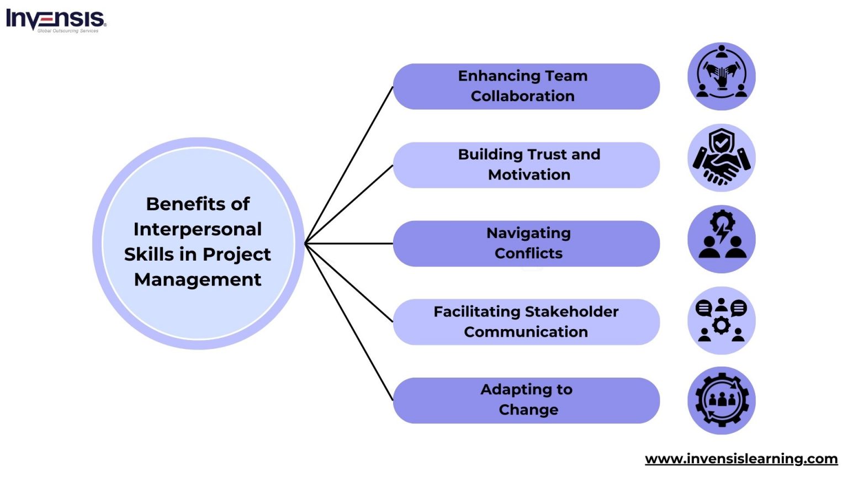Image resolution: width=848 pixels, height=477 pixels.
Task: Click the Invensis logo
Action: [55, 20]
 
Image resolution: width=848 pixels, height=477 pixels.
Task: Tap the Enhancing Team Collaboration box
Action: [526, 86]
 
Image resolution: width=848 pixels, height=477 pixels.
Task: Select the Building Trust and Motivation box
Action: [526, 165]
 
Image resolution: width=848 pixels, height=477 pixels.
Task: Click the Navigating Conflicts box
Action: [526, 243]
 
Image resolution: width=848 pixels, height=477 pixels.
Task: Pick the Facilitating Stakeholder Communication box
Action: [526, 322]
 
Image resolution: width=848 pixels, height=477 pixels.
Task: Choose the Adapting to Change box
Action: [526, 400]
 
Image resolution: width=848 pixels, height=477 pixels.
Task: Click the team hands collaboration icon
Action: [721, 76]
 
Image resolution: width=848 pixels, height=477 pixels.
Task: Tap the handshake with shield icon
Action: [721, 158]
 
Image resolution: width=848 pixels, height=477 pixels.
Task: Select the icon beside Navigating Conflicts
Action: [721, 239]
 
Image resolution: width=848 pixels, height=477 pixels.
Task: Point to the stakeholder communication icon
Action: [721, 320]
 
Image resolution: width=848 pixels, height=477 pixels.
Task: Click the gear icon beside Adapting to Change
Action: [721, 400]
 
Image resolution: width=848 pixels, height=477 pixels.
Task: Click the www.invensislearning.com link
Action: [741, 458]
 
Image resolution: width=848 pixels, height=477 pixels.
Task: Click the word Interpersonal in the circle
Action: [198, 229]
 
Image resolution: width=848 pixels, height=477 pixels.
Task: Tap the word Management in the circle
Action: [198, 279]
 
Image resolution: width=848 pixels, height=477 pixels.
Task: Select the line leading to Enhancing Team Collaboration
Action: [349, 165]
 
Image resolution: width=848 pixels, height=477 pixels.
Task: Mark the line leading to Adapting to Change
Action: [349, 322]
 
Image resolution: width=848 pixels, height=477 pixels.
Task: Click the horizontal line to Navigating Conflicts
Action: [349, 243]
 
